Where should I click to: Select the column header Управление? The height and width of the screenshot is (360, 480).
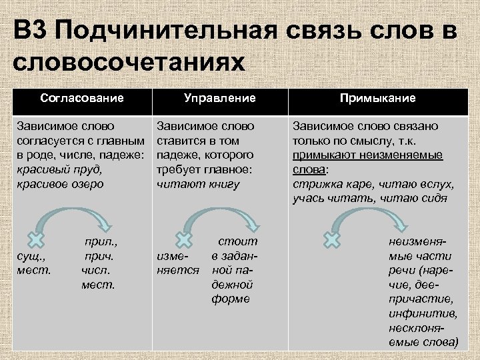[x=220, y=99]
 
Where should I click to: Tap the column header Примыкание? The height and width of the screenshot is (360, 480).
[x=377, y=99]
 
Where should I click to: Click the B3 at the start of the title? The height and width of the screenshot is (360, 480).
[x=31, y=32]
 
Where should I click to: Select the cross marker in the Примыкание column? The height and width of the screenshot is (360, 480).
[x=331, y=239]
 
